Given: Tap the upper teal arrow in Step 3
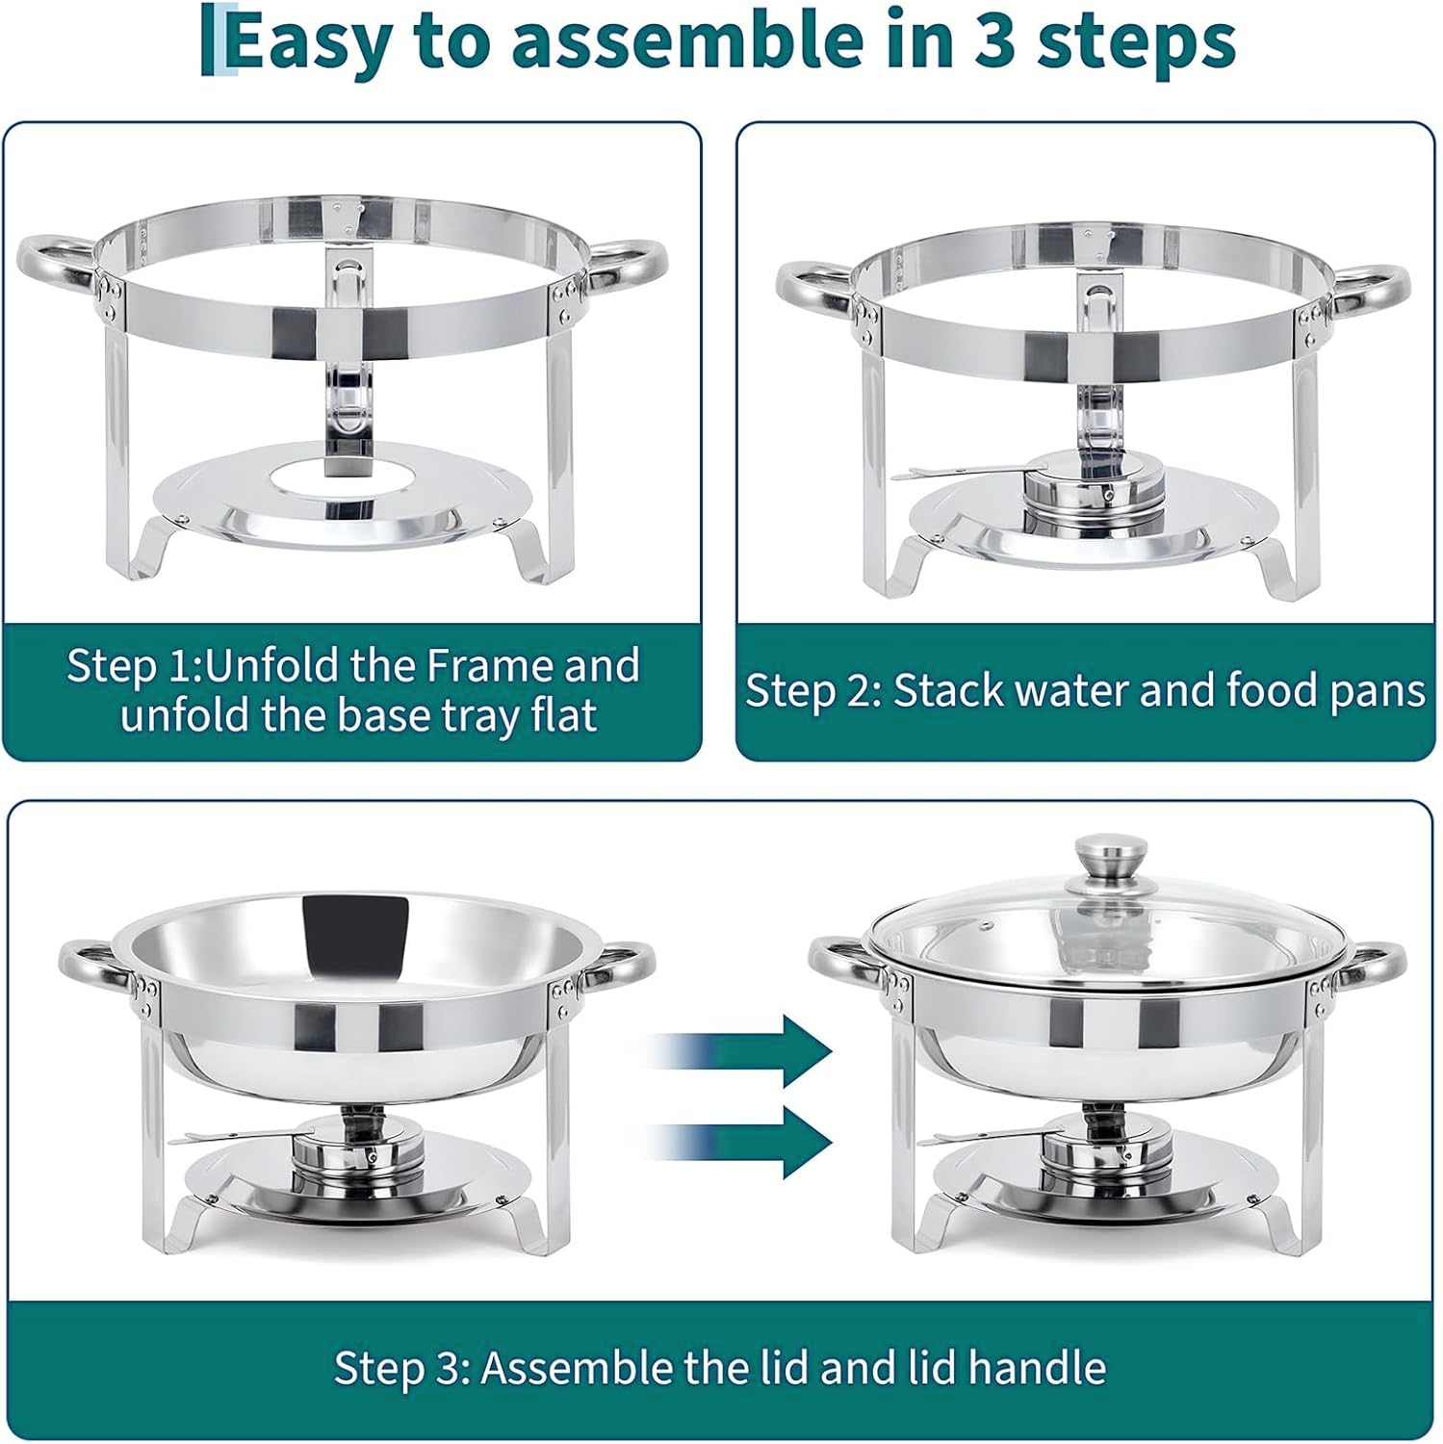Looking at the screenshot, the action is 741,1049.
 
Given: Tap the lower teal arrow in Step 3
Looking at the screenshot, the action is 741,1142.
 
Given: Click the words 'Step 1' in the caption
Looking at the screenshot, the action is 130,667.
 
